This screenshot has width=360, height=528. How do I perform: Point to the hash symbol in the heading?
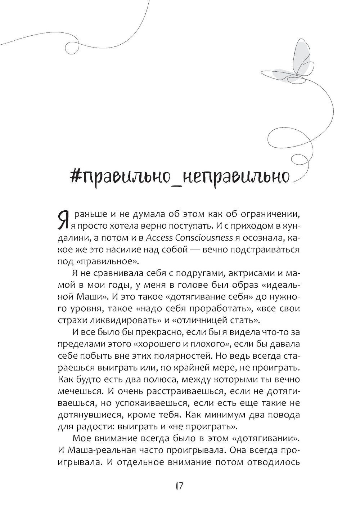[x=76, y=175]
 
